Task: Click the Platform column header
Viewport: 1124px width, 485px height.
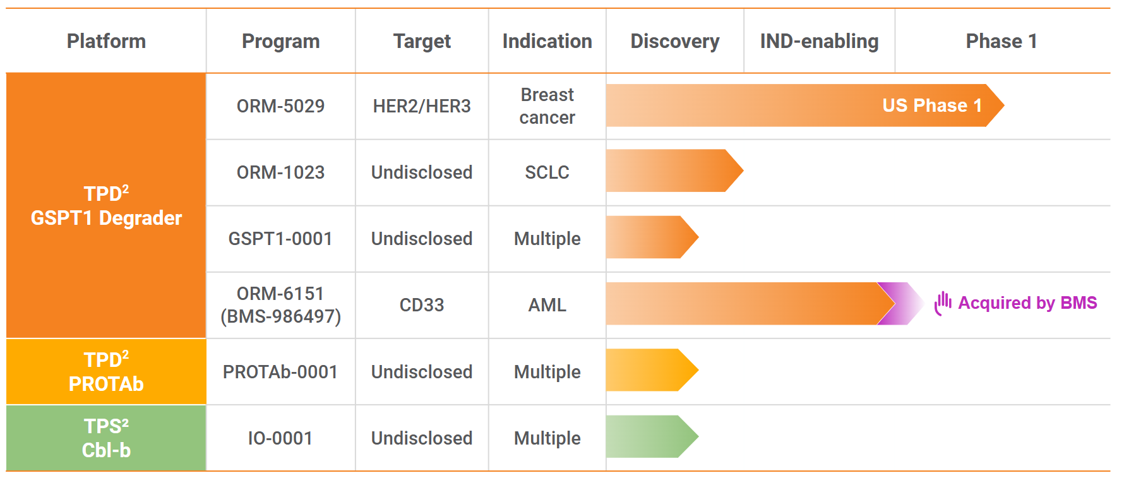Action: [106, 41]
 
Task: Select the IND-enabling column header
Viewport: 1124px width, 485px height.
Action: [819, 41]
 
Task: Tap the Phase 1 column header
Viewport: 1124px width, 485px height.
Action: [1001, 41]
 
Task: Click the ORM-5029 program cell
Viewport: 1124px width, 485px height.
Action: [280, 106]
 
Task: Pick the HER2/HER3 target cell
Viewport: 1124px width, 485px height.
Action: [422, 106]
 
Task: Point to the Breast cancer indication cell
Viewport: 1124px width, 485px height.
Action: [547, 106]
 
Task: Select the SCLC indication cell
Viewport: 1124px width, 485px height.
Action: [547, 172]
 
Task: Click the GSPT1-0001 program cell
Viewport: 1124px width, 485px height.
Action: [280, 239]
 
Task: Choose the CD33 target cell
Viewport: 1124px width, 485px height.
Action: [422, 305]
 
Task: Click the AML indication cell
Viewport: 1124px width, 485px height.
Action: [547, 305]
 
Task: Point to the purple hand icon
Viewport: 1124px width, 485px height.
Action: [943, 303]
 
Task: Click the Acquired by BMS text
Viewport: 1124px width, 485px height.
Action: [1027, 303]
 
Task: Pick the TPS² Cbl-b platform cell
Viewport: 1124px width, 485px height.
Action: [106, 438]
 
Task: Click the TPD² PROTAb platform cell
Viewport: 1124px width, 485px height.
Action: [106, 371]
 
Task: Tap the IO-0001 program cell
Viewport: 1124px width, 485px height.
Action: [280, 438]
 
